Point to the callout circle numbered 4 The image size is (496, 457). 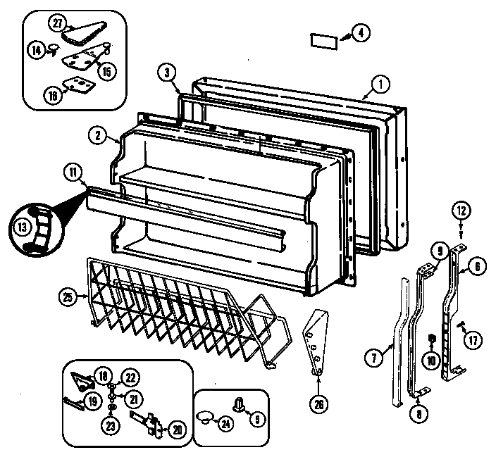pyautogui.click(x=359, y=32)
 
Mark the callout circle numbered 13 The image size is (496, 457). pyautogui.click(x=22, y=226)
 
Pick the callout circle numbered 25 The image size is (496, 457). pyautogui.click(x=68, y=298)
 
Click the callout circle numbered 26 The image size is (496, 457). pyautogui.click(x=318, y=404)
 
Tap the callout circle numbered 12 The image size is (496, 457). pyautogui.click(x=460, y=210)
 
